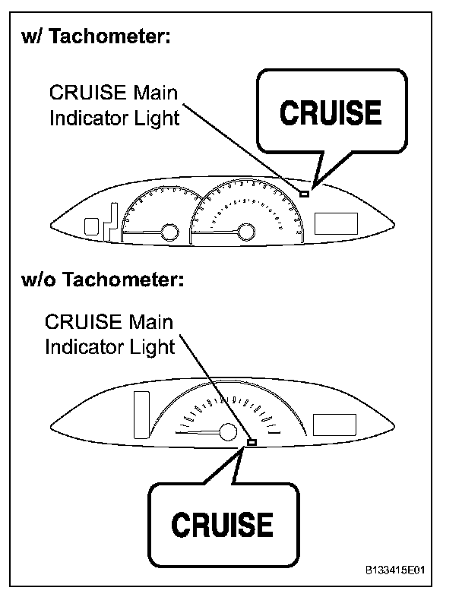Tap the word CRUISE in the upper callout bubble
[331, 113]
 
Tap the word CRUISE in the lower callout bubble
[222, 524]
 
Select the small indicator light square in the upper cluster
[304, 194]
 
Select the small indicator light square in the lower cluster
[252, 441]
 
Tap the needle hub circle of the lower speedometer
[227, 433]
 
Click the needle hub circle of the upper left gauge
[169, 231]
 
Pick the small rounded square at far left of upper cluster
[92, 226]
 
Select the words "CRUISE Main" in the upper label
[112, 94]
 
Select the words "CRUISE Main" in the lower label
[109, 322]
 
